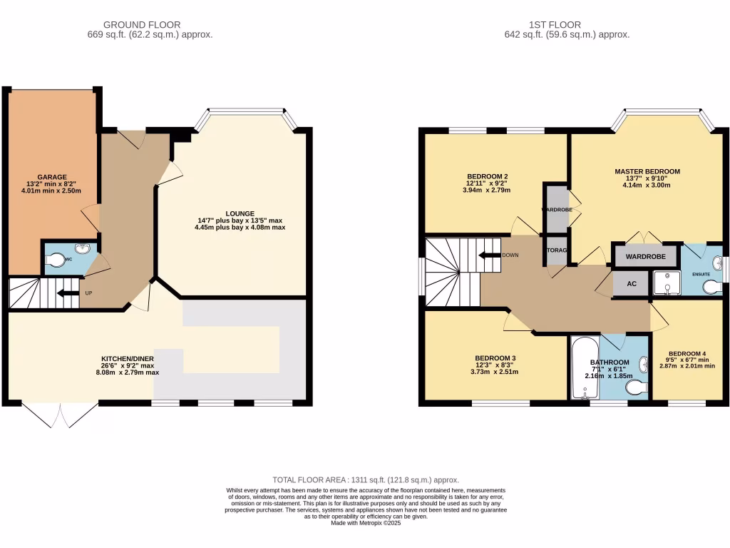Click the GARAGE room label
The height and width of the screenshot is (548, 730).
coord(52,177)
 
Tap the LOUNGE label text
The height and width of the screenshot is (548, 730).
coord(240,213)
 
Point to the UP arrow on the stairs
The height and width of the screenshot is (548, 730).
coord(68,293)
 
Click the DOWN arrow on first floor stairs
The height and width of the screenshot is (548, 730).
coord(490,255)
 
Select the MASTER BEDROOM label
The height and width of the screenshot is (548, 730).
coord(647,171)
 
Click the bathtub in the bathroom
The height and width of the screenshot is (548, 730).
coord(584,367)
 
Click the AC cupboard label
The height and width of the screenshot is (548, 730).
coord(631,283)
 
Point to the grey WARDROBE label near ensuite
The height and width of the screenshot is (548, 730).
coord(645,256)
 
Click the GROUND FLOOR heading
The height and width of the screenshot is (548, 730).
coord(143,25)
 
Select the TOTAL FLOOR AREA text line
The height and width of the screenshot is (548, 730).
coord(366,480)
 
